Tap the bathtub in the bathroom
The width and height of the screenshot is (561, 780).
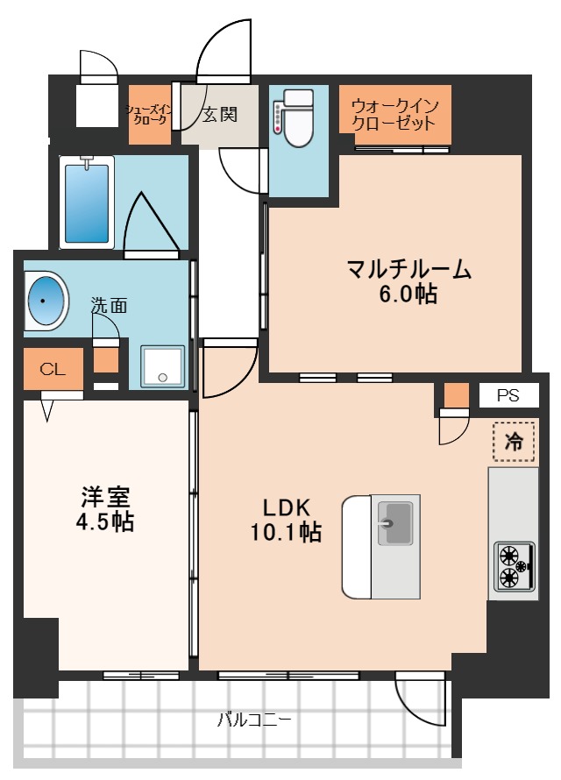tap(87, 202)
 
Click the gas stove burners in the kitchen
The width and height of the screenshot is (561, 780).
tap(512, 565)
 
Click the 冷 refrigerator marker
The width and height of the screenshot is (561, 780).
tap(515, 442)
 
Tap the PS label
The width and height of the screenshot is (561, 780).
tap(508, 396)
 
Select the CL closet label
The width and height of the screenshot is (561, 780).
tap(53, 369)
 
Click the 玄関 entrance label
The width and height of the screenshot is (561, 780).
tap(219, 114)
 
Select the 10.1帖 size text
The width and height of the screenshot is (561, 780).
tap(288, 532)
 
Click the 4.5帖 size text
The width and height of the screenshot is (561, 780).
tap(105, 523)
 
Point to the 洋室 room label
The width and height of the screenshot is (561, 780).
tap(105, 497)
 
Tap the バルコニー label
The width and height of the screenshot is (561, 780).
tap(254, 720)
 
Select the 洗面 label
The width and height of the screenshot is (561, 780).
tap(110, 306)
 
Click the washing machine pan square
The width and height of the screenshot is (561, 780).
tap(163, 365)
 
